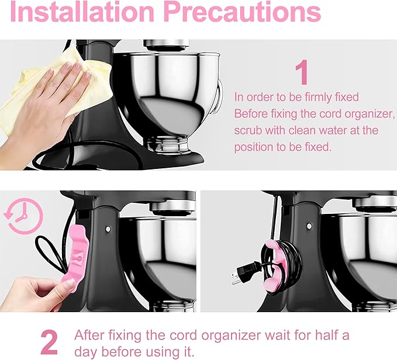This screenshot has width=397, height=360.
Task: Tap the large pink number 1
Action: (x=301, y=73)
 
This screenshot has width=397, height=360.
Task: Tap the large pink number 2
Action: (x=49, y=342)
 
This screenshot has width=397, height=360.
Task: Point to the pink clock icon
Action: (x=23, y=217)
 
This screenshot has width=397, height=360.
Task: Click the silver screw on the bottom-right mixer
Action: (x=309, y=226)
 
